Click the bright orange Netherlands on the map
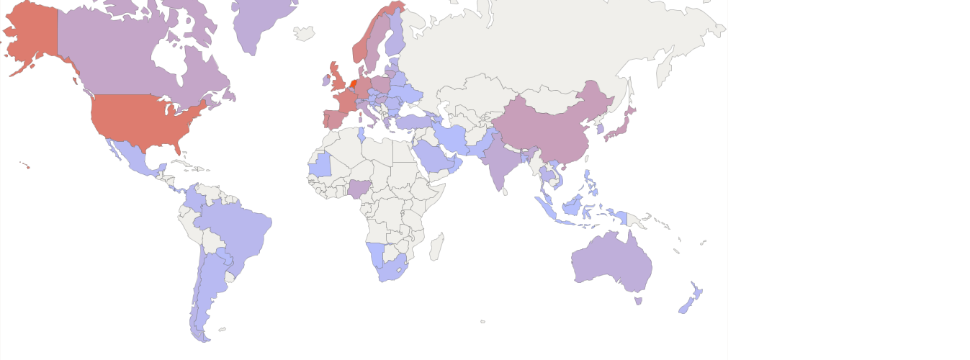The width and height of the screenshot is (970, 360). coord(353,84)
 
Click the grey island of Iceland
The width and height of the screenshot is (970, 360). coord(305,33)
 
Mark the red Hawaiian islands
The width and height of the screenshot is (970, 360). coord(27,166)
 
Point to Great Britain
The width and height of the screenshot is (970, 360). coord(338,78)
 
